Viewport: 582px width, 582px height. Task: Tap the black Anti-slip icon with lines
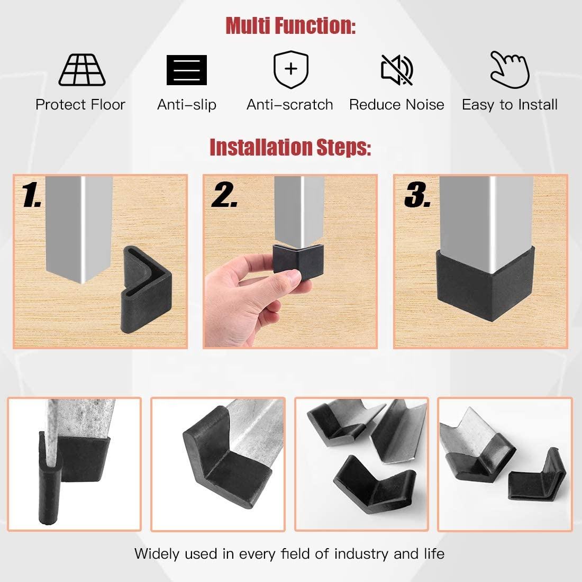click(186, 70)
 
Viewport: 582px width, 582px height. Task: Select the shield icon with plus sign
click(290, 70)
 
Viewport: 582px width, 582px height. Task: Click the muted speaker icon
click(397, 69)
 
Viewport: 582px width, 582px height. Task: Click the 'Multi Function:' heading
click(290, 25)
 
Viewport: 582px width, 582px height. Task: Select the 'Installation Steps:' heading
click(290, 147)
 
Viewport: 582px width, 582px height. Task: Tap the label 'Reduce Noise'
click(396, 105)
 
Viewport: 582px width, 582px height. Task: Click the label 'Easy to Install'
click(510, 105)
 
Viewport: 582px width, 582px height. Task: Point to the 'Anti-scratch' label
click(290, 105)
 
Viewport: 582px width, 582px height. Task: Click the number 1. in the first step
click(32, 196)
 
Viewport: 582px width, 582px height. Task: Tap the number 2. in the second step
click(224, 196)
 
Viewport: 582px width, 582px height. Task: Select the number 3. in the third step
click(417, 196)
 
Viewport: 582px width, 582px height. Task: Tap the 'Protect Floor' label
click(80, 105)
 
